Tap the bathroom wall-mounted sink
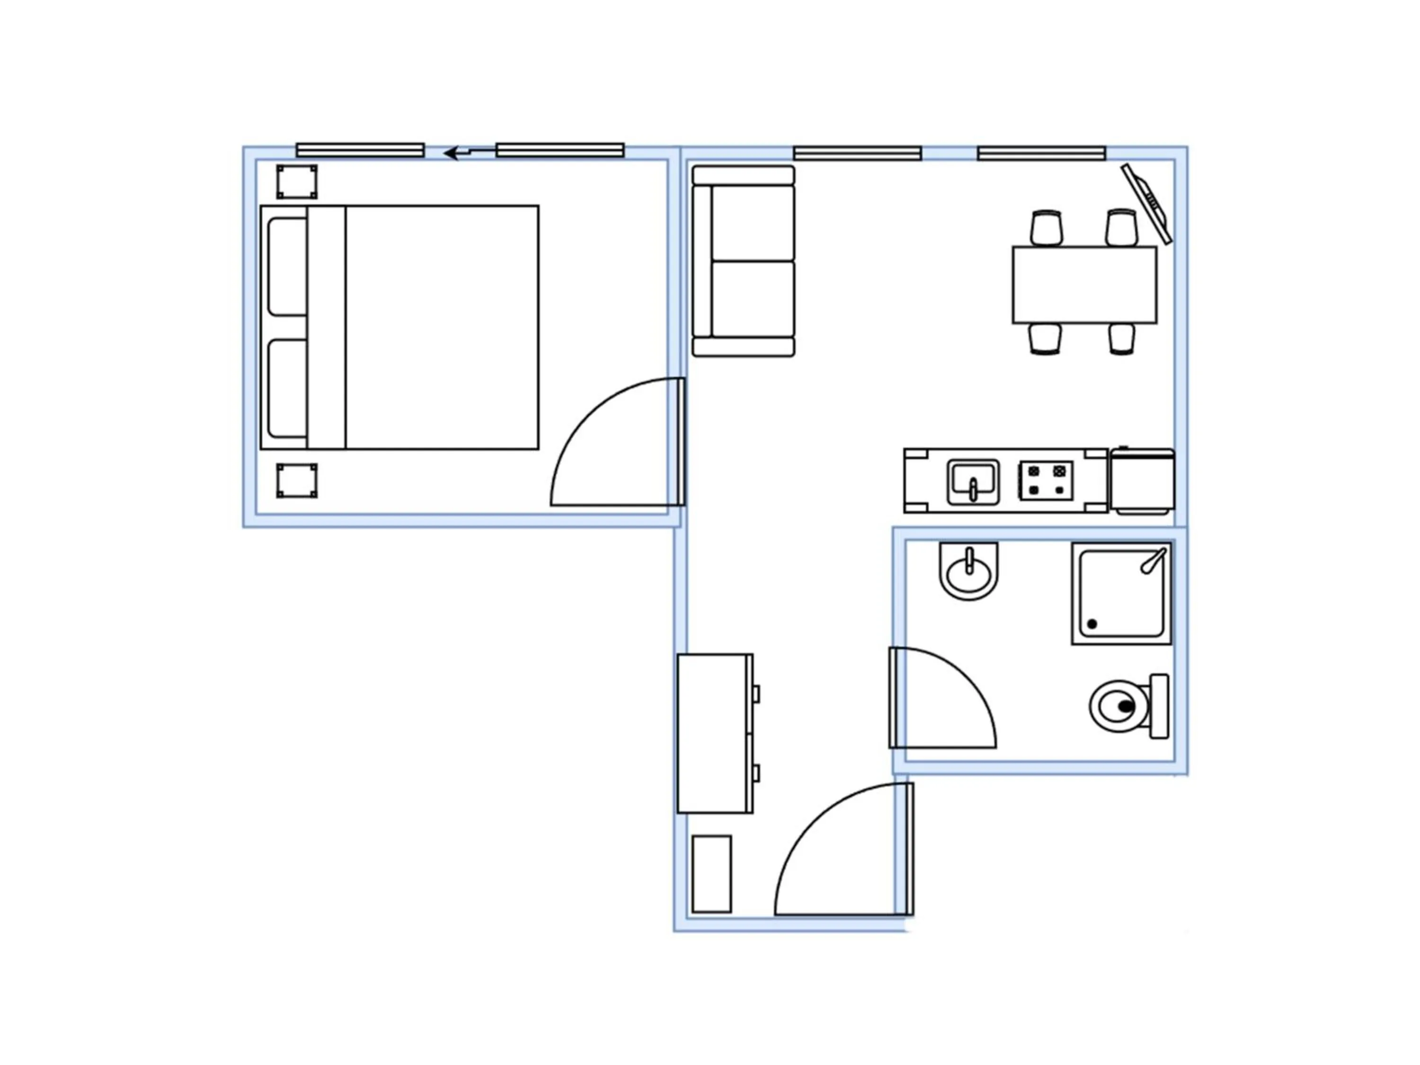969,571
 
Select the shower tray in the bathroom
1121,594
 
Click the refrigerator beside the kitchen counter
1142,481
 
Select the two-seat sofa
744,261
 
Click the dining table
1084,284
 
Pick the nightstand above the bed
297,182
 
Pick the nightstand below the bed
297,481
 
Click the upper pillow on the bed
287,266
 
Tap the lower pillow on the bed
287,389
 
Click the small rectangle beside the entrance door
711,874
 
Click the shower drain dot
1092,623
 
